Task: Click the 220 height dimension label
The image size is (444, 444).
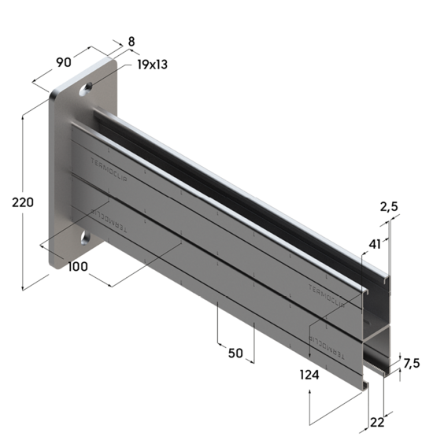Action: (x=22, y=202)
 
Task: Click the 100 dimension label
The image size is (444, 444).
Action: (x=77, y=267)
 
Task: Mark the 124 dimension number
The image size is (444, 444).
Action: (x=309, y=376)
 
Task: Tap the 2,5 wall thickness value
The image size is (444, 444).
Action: (x=389, y=207)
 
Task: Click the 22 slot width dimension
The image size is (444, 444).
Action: (x=377, y=423)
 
